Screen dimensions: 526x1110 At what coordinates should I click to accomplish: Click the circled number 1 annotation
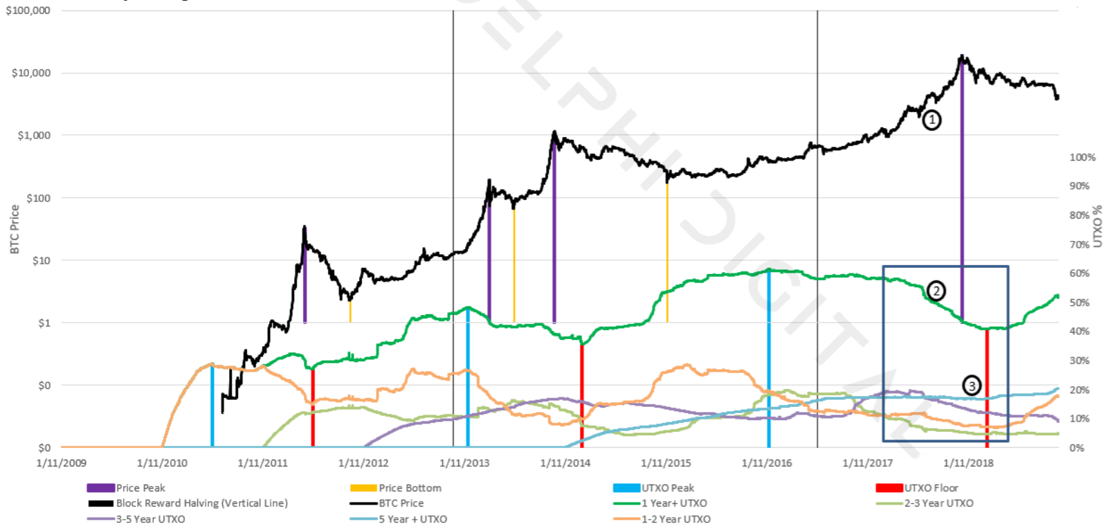[x=931, y=120]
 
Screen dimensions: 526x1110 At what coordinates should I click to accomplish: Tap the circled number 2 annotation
[x=936, y=291]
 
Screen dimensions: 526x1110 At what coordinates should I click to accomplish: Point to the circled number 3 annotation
[x=972, y=386]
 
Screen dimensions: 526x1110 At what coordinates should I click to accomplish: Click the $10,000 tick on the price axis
[x=31, y=73]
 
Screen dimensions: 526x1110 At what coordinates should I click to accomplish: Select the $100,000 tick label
[x=28, y=10]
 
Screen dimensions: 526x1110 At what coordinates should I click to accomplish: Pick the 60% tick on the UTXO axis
[x=1080, y=273]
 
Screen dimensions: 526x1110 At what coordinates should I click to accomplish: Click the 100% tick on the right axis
[x=1082, y=157]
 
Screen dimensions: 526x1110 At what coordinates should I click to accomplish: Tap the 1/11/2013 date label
[x=464, y=463]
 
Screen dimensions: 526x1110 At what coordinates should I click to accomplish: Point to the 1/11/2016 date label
[x=767, y=463]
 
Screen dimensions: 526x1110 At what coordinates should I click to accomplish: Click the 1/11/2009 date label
[x=62, y=463]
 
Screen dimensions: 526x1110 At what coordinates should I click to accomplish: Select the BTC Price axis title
[x=15, y=229]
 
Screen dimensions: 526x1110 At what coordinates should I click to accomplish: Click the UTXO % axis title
[x=1098, y=226]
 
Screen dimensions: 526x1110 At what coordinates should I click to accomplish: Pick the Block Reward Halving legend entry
[x=201, y=503]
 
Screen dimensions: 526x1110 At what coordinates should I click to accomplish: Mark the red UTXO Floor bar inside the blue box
[x=987, y=388]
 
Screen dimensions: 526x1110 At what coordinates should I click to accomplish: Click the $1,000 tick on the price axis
[x=34, y=135]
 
